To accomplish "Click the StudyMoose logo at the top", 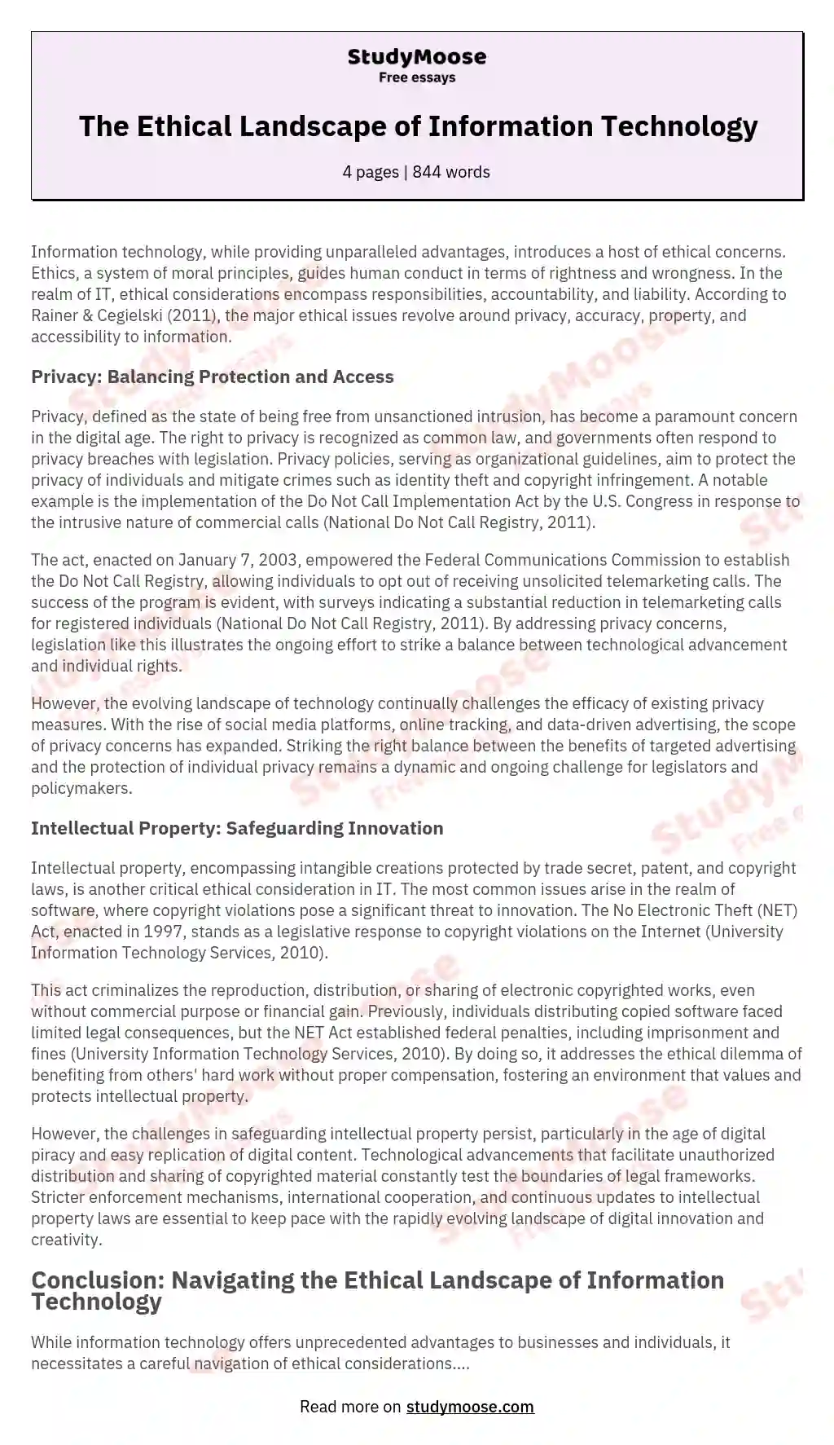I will coord(416,57).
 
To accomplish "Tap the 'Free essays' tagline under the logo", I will coord(416,77).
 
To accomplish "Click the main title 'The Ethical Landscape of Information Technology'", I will coord(418,126).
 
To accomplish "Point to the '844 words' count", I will coord(451,172).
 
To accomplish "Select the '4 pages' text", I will coord(371,172).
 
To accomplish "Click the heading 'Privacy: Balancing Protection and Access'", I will coord(212,377).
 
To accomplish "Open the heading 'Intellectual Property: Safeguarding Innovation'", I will coord(237,828).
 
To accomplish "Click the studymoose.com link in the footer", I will coord(470,1406).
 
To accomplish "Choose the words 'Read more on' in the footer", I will coord(350,1406).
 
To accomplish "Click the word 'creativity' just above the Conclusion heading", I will coord(65,1240).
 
